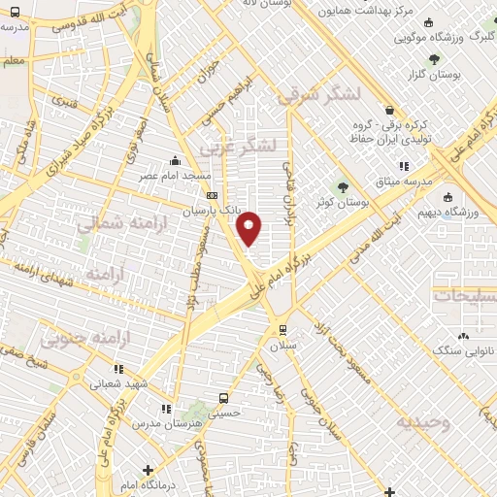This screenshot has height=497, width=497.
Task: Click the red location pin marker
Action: coord(250,227)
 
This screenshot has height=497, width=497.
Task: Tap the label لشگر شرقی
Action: coord(318,94)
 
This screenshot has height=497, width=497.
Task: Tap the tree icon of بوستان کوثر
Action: coord(343,186)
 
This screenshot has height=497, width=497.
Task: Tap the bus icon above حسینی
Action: coord(224,398)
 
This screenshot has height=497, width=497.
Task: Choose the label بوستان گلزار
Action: coord(460,74)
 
